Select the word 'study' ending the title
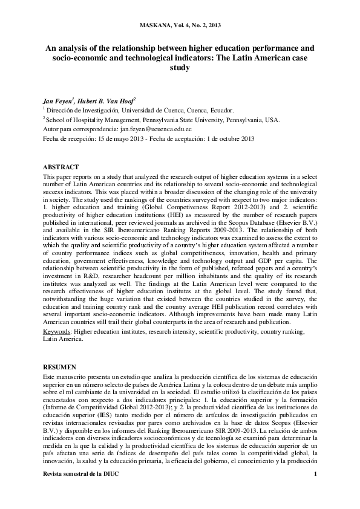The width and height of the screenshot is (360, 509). click(180, 68)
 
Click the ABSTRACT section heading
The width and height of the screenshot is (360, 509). click(61, 166)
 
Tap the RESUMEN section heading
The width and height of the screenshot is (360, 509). click(59, 367)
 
